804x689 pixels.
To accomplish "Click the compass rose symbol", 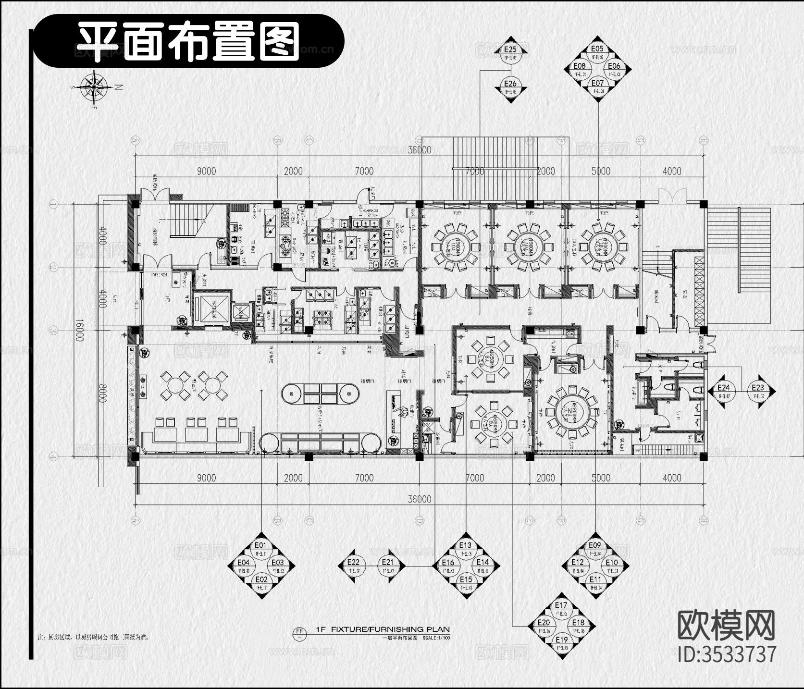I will pos(95,86).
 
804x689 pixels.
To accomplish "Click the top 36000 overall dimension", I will pos(420,150).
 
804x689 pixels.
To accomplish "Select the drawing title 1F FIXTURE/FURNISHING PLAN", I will pos(383,629).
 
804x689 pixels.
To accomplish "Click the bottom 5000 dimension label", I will pos(601,478).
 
